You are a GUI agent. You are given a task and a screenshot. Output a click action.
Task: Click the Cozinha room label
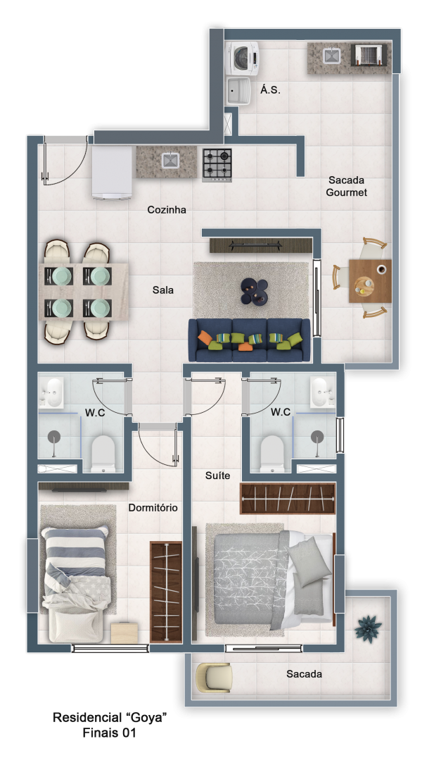point(167,209)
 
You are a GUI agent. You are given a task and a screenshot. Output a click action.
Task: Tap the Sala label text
point(162,290)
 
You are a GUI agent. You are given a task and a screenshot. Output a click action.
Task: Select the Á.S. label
point(270,90)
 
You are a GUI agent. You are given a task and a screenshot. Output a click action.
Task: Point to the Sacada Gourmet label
point(346,187)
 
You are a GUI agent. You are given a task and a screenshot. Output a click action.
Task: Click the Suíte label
point(217,475)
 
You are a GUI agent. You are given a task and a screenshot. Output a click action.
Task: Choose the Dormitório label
point(153,507)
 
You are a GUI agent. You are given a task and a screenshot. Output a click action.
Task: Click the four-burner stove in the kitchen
point(217,164)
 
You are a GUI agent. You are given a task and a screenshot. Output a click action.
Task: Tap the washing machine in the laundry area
point(243,58)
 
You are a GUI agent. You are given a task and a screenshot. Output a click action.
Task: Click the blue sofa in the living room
point(249,340)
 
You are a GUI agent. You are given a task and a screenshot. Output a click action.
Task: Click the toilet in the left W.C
point(103,453)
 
